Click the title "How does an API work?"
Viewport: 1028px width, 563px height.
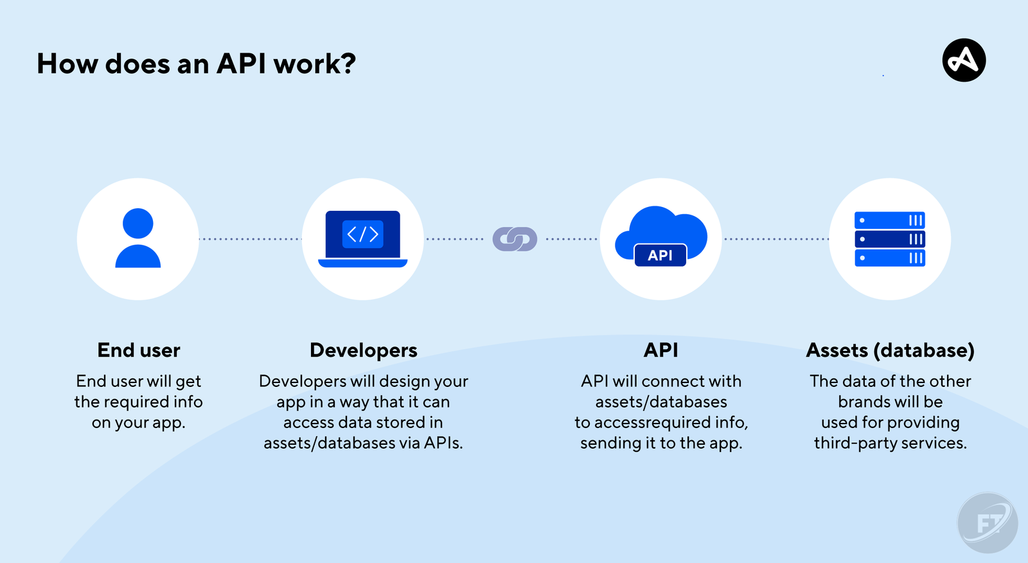click(196, 64)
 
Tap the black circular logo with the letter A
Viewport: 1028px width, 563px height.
click(964, 60)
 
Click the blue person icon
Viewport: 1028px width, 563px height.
click(138, 238)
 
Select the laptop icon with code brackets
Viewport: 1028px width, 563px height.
click(363, 238)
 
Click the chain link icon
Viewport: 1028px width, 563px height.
click(515, 239)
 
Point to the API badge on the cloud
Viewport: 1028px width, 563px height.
click(660, 255)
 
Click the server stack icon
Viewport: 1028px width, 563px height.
click(890, 239)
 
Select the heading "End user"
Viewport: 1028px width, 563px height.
click(139, 350)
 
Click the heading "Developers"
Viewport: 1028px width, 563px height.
click(364, 350)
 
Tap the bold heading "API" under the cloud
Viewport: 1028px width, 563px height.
click(661, 350)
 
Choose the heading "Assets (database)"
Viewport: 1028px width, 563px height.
click(890, 350)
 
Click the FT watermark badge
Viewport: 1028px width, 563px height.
click(988, 523)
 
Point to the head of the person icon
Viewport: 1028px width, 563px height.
click(138, 224)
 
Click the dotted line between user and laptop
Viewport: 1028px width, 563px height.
click(251, 239)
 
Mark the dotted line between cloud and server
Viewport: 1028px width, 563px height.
click(776, 239)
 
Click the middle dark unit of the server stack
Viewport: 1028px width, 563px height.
click(890, 239)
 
